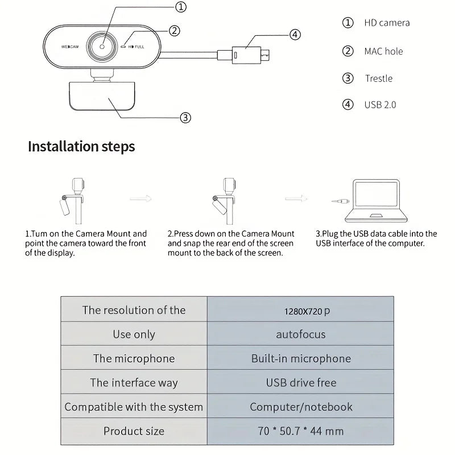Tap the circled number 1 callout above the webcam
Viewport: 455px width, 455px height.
click(x=180, y=7)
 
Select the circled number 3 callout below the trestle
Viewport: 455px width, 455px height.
click(x=185, y=118)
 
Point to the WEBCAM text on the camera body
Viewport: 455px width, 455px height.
click(x=69, y=46)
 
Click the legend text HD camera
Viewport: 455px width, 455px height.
click(x=387, y=23)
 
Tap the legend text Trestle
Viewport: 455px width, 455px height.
click(x=379, y=78)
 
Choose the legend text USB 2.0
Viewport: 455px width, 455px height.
click(x=380, y=105)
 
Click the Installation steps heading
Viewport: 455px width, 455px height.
click(x=81, y=146)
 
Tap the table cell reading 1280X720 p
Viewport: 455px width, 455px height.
click(x=307, y=311)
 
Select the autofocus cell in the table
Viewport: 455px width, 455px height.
click(x=301, y=334)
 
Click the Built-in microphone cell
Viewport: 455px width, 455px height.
click(x=301, y=358)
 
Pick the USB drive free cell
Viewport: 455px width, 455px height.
click(x=301, y=383)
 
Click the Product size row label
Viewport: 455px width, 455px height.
click(x=134, y=431)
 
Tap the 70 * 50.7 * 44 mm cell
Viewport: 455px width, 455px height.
click(x=301, y=431)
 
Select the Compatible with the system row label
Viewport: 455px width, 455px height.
click(x=134, y=407)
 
